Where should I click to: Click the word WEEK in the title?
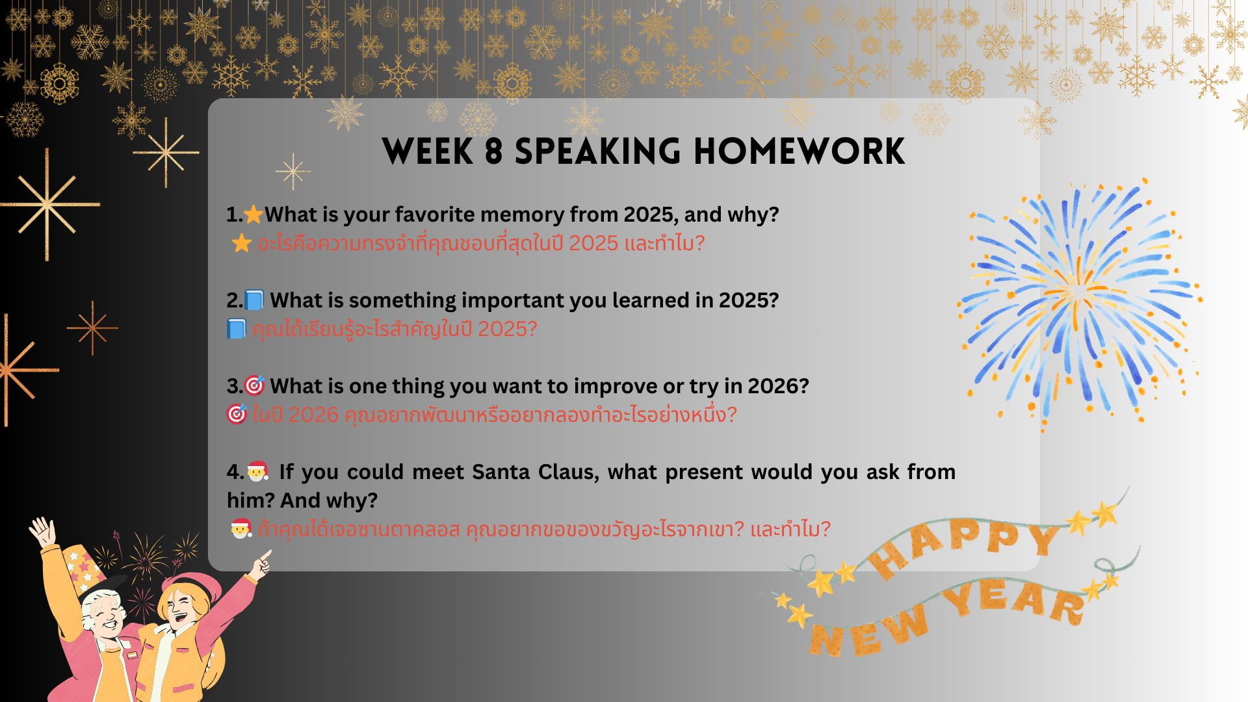(x=428, y=152)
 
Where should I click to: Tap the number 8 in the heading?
(x=494, y=152)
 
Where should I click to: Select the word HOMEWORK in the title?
(x=799, y=152)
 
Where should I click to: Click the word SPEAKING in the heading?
(x=598, y=152)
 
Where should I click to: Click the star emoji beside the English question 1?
(x=253, y=214)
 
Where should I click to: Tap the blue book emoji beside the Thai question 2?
(x=236, y=329)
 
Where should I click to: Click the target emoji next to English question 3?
(x=254, y=385)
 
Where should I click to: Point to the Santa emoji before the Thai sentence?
(x=241, y=528)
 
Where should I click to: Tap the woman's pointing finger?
(x=266, y=556)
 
